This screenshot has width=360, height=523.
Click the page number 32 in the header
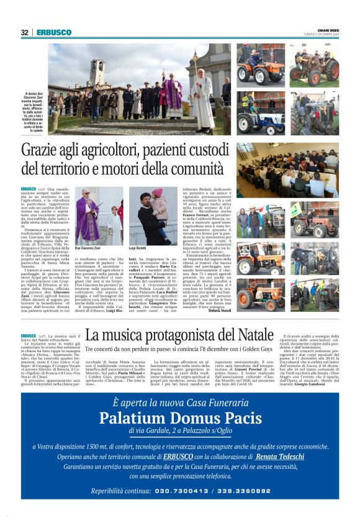point(25,33)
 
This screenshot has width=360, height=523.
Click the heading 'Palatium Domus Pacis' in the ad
point(181,416)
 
